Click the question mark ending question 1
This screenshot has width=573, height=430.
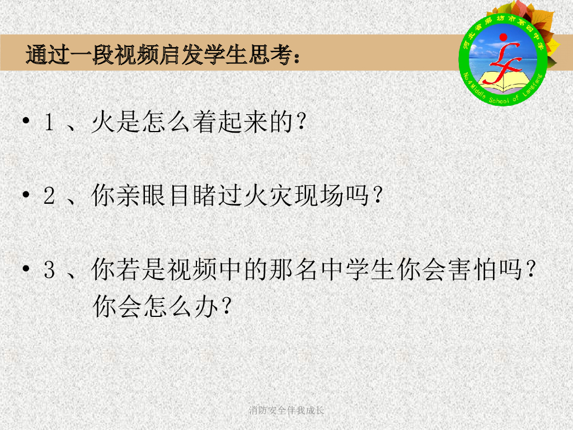point(303,123)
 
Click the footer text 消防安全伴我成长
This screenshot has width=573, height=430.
point(286,410)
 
